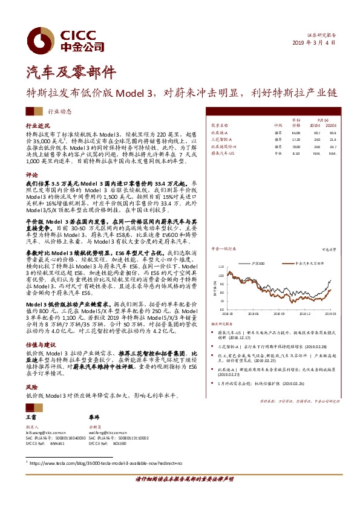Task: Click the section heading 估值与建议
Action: (x=38, y=342)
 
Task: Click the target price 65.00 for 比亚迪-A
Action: (x=296, y=132)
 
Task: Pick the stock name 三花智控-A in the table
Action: (x=222, y=139)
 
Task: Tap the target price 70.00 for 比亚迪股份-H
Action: (x=296, y=147)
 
